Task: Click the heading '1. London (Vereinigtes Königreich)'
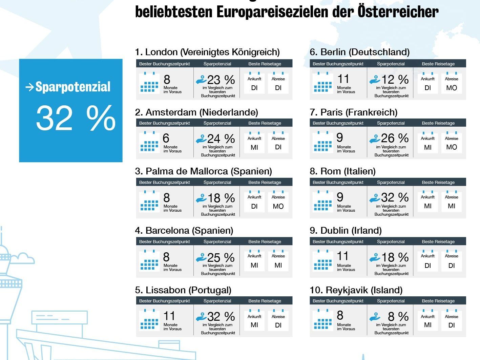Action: [x=207, y=52]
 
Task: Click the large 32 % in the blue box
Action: [x=76, y=118]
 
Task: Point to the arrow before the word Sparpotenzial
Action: [x=29, y=87]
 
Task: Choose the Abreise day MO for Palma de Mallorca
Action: [x=278, y=206]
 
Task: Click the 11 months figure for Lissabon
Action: [x=169, y=316]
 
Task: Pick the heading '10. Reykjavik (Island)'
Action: [x=356, y=290]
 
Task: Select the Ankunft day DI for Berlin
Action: [x=427, y=88]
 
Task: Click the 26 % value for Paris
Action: [x=395, y=138]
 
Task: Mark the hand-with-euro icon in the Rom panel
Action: [x=375, y=198]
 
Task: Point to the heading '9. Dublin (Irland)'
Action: [x=346, y=231]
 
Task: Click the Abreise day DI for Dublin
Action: [x=451, y=266]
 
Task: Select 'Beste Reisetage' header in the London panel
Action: [x=265, y=64]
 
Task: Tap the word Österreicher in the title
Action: [x=398, y=12]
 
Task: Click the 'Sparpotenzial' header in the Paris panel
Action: [x=391, y=123]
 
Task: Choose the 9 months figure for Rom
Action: [x=340, y=197]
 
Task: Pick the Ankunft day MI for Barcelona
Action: [x=254, y=266]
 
